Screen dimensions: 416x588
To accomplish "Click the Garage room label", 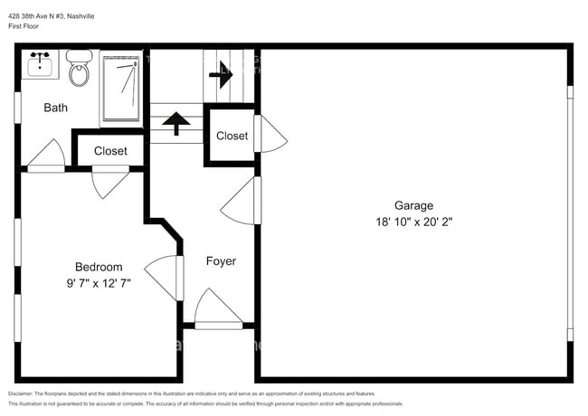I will (413, 205).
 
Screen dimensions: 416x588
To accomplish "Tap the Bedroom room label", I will (98, 267).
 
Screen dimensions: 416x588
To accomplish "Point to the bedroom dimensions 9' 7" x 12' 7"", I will (98, 282).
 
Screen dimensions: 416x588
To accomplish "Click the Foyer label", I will (221, 261).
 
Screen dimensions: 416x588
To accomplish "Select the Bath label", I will (55, 108).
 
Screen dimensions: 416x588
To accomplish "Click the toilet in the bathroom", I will (81, 70).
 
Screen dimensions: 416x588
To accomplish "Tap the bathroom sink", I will (40, 65).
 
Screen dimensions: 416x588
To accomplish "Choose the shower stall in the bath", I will (121, 88).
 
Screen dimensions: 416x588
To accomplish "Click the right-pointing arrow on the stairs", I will (220, 77).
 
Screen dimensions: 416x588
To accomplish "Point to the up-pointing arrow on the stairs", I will (175, 122).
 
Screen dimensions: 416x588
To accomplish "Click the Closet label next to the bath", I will (110, 151).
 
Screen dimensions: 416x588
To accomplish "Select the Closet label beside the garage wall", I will (232, 136).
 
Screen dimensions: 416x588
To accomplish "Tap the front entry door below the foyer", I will (217, 309).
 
